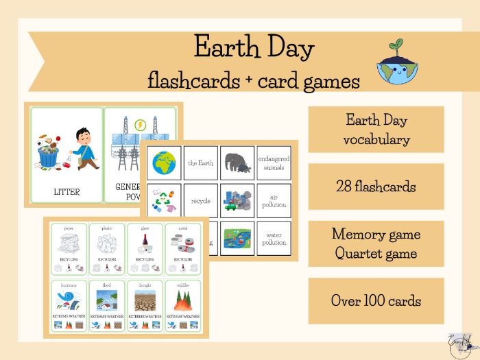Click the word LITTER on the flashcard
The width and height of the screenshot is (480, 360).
pos(67,192)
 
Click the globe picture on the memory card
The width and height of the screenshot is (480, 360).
pos(165,163)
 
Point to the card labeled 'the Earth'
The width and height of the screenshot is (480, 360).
pos(201,163)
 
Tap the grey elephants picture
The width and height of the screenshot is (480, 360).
pos(237,163)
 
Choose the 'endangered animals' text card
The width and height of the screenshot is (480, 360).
pos(274,163)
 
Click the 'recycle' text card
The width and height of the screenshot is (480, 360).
pos(201,201)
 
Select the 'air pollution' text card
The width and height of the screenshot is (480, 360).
pos(274,201)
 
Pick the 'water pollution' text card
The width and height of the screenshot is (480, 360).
pos(274,238)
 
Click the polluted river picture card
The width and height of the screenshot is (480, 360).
pos(237,238)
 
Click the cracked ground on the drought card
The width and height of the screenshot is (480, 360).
pos(144,300)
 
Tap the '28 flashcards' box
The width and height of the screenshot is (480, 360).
pos(376,187)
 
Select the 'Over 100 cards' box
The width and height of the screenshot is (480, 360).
pos(376,300)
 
